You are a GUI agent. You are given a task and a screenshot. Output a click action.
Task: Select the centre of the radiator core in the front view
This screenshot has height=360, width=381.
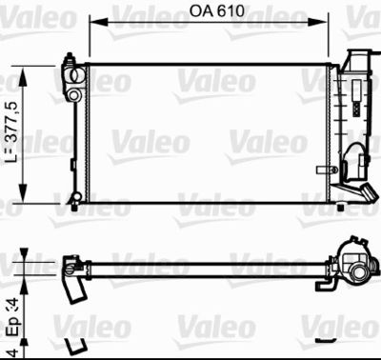tap(208, 132)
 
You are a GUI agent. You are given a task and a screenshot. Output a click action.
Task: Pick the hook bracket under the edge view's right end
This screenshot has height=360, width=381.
tap(327, 282)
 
